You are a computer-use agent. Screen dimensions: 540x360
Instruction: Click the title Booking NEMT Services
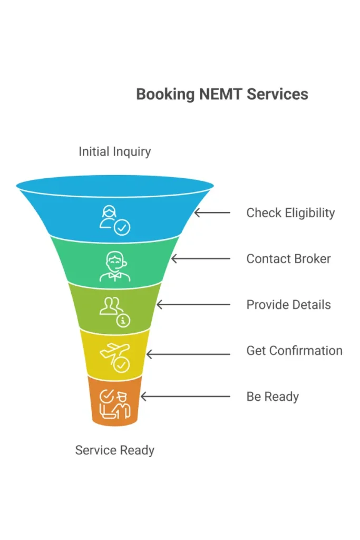coord(222,94)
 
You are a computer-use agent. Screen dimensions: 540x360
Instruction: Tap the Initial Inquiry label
coord(114,152)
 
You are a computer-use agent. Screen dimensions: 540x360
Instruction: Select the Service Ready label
coord(114,450)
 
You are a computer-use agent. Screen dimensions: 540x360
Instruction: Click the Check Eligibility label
coord(290,213)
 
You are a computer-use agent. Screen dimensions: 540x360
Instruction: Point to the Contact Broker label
coord(288,259)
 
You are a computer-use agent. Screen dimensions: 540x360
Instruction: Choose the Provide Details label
coord(288,305)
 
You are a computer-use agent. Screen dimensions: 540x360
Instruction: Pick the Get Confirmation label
coord(294,351)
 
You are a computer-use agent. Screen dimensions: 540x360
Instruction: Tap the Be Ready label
coord(273,397)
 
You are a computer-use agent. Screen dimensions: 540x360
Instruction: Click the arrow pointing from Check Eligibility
coord(212,213)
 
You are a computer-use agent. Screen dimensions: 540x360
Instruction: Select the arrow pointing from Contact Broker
coord(200,259)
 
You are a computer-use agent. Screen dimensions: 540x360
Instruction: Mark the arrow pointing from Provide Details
coord(193,305)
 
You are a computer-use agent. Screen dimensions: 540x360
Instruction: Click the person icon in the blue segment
coord(114,219)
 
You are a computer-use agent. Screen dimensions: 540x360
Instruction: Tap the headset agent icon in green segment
coord(114,266)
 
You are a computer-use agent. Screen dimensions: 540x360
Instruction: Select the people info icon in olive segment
coord(114,312)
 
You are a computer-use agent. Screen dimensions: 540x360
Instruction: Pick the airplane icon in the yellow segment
coord(114,356)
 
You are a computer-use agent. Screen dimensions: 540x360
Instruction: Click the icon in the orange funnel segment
coord(114,403)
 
